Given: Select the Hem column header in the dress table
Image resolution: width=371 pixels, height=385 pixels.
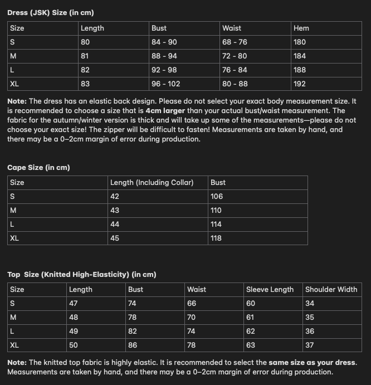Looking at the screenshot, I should pyautogui.click(x=301, y=28).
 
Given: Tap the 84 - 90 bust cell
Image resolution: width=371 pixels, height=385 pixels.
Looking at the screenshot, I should pyautogui.click(x=164, y=42).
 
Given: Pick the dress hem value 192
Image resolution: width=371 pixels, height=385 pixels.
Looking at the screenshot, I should pyautogui.click(x=300, y=84).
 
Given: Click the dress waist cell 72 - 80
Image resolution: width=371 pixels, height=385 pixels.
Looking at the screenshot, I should pyautogui.click(x=234, y=56).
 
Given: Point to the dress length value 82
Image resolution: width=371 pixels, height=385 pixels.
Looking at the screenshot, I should pyautogui.click(x=85, y=70).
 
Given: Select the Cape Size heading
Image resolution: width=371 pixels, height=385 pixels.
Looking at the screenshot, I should pyautogui.click(x=38, y=167).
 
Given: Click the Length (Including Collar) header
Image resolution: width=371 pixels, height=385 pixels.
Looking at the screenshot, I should pyautogui.click(x=152, y=182).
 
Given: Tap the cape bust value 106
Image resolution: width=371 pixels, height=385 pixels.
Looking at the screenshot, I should pyautogui.click(x=217, y=196).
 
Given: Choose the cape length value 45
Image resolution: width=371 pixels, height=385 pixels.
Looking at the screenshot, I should pyautogui.click(x=115, y=238).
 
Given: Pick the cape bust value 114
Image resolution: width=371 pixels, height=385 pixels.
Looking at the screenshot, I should pyautogui.click(x=216, y=224).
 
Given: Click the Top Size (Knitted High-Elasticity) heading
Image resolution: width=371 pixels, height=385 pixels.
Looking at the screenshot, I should pyautogui.click(x=81, y=274).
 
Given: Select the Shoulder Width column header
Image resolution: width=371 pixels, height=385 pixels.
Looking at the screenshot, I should pyautogui.click(x=331, y=289).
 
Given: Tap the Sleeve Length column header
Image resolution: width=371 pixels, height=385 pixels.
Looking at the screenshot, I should pyautogui.click(x=270, y=289).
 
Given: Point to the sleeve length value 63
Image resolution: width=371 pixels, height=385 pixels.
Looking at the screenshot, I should pyautogui.click(x=251, y=345).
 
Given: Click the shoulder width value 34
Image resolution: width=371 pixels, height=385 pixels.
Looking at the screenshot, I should pyautogui.click(x=310, y=303).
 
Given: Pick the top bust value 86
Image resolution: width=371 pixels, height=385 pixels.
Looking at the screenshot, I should pyautogui.click(x=133, y=345).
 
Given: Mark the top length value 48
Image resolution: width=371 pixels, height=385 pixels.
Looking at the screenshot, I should pyautogui.click(x=74, y=317).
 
